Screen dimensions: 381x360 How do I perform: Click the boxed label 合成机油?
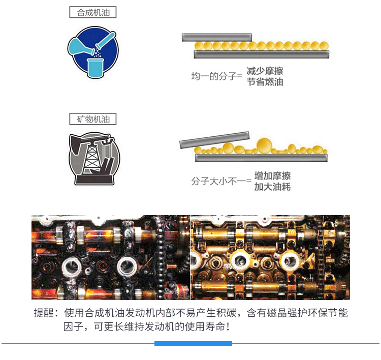click(x=93, y=12)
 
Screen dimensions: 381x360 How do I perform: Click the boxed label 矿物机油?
click(x=93, y=119)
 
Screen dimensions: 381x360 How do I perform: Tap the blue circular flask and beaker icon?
click(x=93, y=52)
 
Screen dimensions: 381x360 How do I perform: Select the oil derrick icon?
click(x=94, y=158)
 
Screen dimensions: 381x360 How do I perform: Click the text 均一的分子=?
click(x=217, y=76)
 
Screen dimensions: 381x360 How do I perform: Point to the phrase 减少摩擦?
click(x=265, y=71)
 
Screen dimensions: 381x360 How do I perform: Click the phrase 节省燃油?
click(x=265, y=82)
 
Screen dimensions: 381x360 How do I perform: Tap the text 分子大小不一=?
click(x=221, y=181)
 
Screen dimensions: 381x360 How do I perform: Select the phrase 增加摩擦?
click(x=272, y=176)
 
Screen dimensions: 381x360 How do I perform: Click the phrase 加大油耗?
click(x=272, y=187)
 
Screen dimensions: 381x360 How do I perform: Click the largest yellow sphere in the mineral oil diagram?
click(x=264, y=146)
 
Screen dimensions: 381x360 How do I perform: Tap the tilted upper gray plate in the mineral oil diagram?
click(x=214, y=140)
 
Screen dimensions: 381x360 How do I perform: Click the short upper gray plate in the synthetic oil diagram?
click(x=217, y=38)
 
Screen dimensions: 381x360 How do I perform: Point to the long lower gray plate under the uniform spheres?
click(x=262, y=54)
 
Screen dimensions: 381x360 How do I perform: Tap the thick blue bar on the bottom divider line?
click(x=193, y=343)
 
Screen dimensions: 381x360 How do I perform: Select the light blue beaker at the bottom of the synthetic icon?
click(x=96, y=68)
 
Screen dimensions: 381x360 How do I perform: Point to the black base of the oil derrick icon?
click(x=94, y=180)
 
